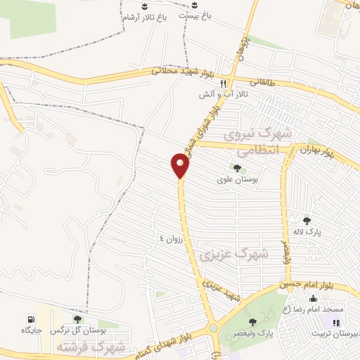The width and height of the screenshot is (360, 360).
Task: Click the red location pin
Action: click(181, 165)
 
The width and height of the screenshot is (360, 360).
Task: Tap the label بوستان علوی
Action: click(237, 179)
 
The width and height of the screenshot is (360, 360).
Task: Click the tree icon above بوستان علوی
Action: click(237, 168)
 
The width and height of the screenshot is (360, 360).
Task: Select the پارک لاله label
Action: click(306, 231)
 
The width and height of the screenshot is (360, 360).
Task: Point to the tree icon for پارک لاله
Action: click(306, 220)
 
